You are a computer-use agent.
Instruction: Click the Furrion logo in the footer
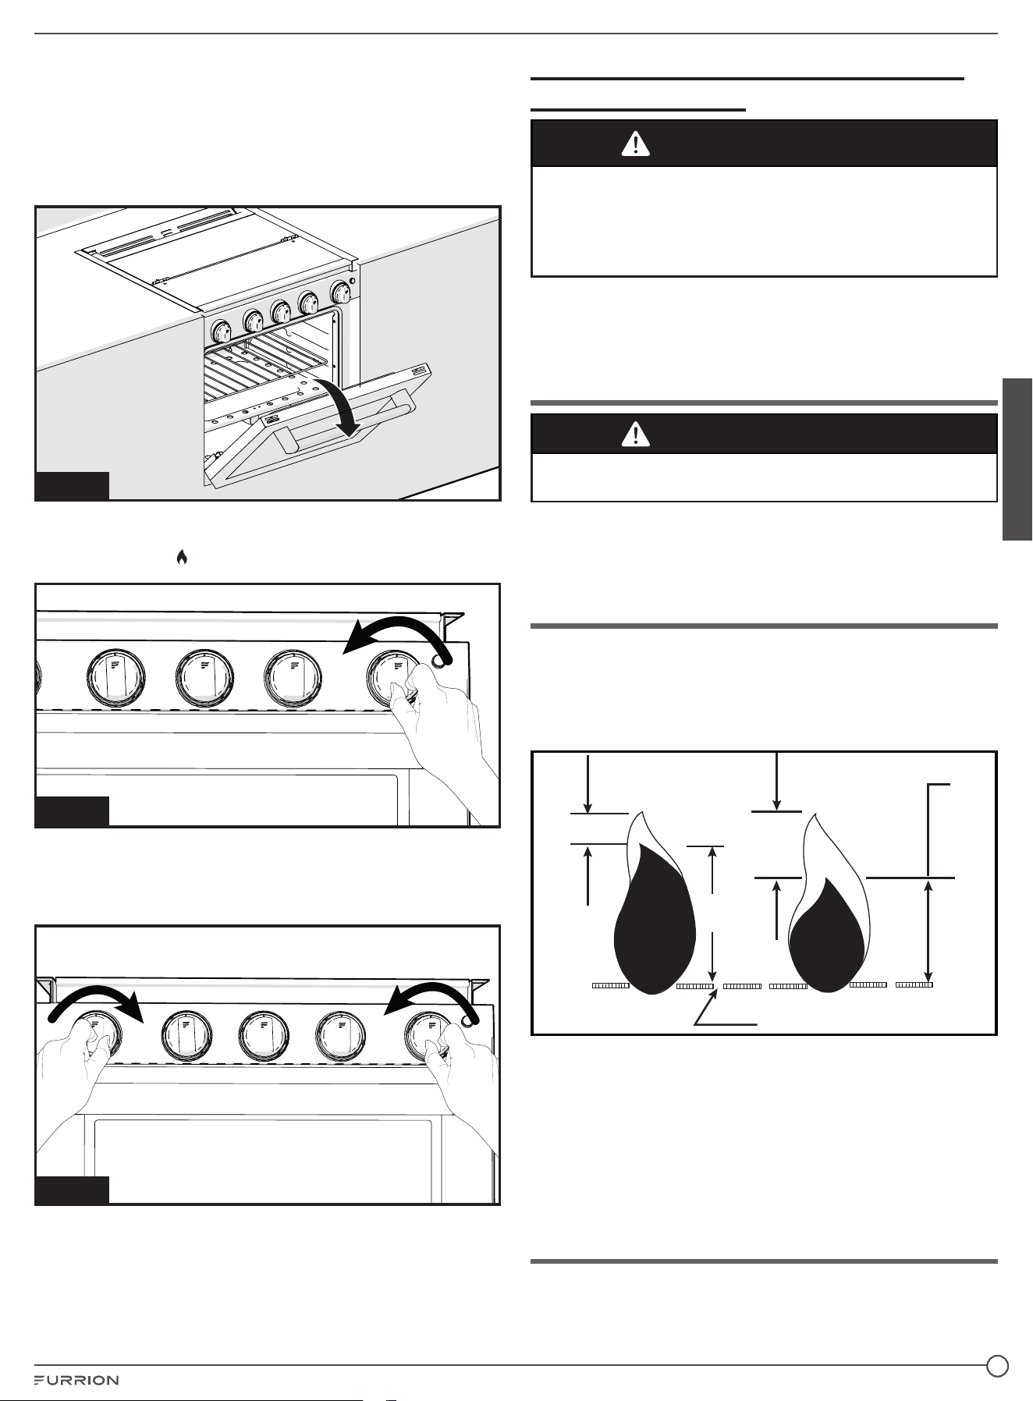pos(76,1380)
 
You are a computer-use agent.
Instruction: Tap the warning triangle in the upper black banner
pos(636,144)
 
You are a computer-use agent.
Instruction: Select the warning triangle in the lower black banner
pos(636,434)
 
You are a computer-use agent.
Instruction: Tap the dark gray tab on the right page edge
pos(1017,459)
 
